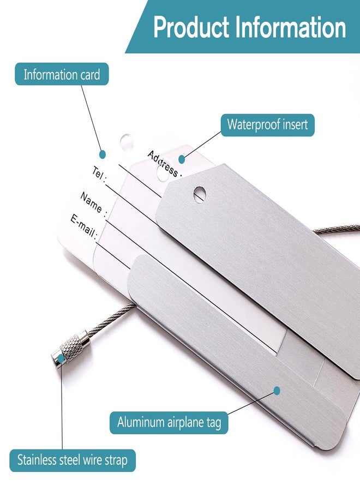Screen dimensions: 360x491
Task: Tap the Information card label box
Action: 62,74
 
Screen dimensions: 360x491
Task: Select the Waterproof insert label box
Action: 268,124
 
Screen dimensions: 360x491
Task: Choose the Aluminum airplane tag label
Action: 169,422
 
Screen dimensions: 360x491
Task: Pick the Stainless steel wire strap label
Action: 73,460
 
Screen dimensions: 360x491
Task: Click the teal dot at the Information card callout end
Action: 103,154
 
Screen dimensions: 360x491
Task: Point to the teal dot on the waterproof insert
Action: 182,159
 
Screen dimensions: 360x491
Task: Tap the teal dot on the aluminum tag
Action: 277,391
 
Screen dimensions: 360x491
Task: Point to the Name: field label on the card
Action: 94,203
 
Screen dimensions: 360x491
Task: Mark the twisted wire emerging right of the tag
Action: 337,229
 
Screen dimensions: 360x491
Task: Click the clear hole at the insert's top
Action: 127,141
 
